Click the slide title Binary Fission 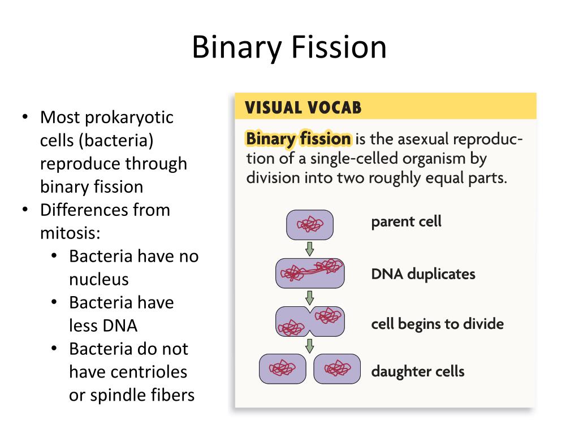click(x=289, y=47)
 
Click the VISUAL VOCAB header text click(x=303, y=107)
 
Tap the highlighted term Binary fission click(x=299, y=138)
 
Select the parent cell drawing click(x=310, y=225)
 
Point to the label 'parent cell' click(x=406, y=222)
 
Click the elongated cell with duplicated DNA click(x=310, y=274)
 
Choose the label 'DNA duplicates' click(x=423, y=274)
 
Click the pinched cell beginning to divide click(x=310, y=322)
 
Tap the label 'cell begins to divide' click(x=437, y=324)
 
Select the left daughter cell click(x=282, y=369)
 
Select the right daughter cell click(x=337, y=369)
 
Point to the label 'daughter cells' click(x=417, y=371)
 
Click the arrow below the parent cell click(x=310, y=248)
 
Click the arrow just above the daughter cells click(x=310, y=345)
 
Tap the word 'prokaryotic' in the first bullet click(x=129, y=118)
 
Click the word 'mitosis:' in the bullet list click(x=70, y=233)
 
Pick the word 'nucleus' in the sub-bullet click(x=99, y=279)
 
